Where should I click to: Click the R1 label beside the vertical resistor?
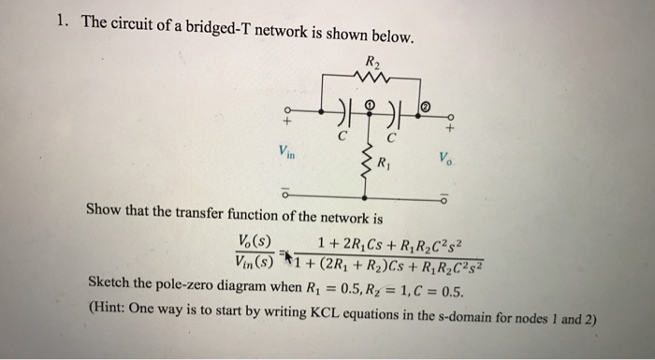tap(386, 166)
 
